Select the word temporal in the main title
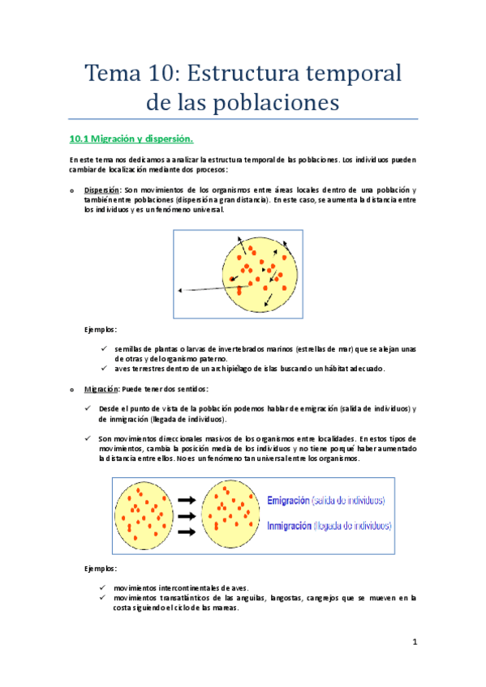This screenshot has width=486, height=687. pyautogui.click(x=356, y=75)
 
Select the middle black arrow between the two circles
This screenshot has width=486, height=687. pyautogui.click(x=185, y=516)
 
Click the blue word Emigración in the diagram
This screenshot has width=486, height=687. pyautogui.click(x=295, y=500)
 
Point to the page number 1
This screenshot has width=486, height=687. pyautogui.click(x=413, y=643)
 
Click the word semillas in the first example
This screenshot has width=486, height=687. pyautogui.click(x=129, y=349)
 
